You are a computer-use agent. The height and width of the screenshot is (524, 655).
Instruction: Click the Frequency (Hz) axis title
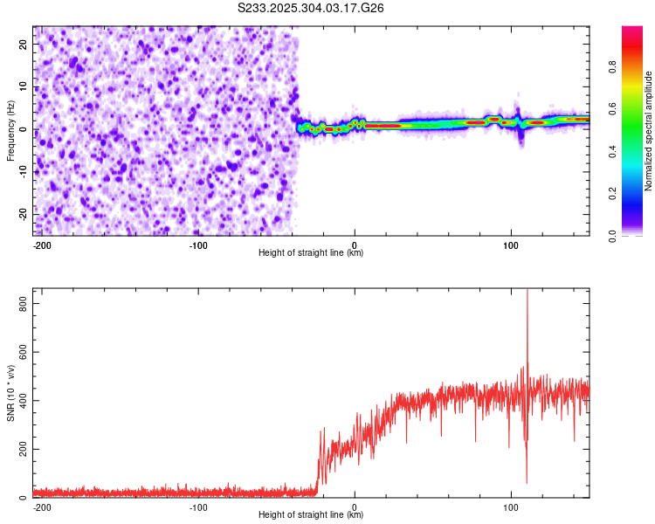(x=10, y=131)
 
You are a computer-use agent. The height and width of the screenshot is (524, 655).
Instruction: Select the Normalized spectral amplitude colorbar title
(x=649, y=131)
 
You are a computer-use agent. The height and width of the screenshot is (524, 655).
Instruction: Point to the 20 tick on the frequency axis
(x=24, y=45)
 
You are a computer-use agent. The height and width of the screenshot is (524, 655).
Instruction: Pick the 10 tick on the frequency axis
(x=24, y=87)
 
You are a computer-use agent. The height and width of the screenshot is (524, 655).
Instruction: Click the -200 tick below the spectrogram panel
(x=41, y=245)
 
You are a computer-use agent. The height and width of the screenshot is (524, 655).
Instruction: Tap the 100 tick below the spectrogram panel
(x=511, y=245)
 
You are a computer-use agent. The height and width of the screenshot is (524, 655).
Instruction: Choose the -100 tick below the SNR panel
(x=198, y=507)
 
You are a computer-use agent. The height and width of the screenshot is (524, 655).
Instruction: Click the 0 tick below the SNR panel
(x=355, y=507)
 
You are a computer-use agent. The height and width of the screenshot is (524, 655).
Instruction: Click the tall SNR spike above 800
(x=527, y=297)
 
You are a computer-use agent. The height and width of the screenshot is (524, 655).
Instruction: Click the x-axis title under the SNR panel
(x=311, y=515)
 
